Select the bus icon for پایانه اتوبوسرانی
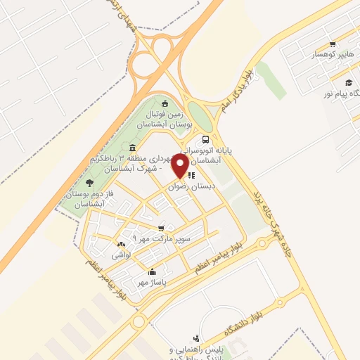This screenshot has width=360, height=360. [x=205, y=139]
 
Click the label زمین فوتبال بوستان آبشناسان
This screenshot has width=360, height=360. [x=168, y=118]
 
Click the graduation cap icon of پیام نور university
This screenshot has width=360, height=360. [x=347, y=84]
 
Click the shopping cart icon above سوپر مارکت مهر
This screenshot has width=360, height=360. [x=162, y=228]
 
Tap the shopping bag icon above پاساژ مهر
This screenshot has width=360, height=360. [x=152, y=271]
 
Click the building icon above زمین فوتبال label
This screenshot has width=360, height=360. [x=165, y=104]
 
